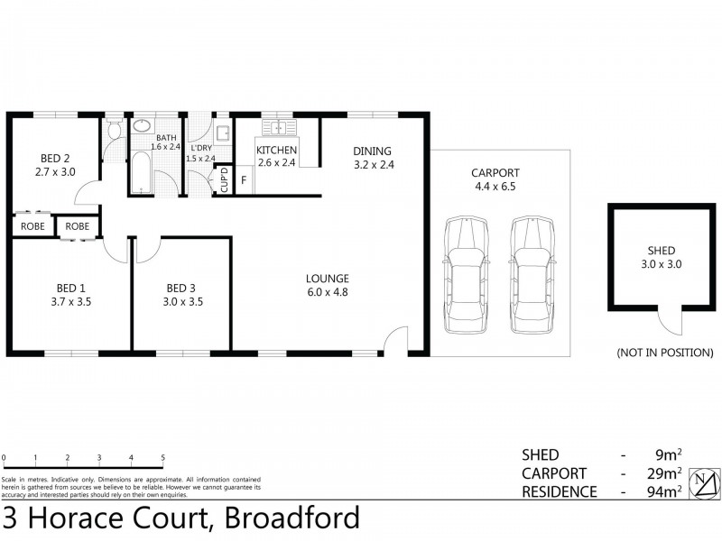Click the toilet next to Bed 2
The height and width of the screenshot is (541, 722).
112,133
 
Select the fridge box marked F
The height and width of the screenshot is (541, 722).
243,180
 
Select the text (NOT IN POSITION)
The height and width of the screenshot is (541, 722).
664,352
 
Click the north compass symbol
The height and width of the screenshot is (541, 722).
702,481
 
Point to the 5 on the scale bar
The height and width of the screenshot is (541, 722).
162,458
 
